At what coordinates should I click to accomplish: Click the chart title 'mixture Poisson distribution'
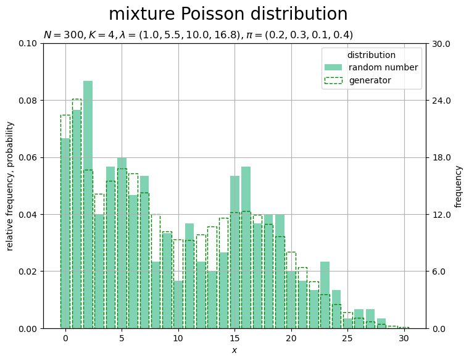(228, 14)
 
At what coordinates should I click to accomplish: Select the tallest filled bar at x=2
(88, 205)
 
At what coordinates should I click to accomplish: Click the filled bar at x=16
(246, 247)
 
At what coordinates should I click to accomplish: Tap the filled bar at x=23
(325, 295)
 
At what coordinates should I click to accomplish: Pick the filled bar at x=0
(65, 233)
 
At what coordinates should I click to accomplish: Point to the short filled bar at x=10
(178, 304)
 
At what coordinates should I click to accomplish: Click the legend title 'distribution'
(371, 55)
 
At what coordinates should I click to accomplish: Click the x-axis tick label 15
(234, 338)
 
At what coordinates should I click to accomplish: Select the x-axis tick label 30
(404, 338)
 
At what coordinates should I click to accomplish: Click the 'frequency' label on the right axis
(458, 186)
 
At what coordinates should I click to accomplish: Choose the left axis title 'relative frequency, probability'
(10, 186)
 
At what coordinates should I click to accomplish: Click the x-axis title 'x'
(234, 351)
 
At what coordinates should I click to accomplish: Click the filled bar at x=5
(122, 243)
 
